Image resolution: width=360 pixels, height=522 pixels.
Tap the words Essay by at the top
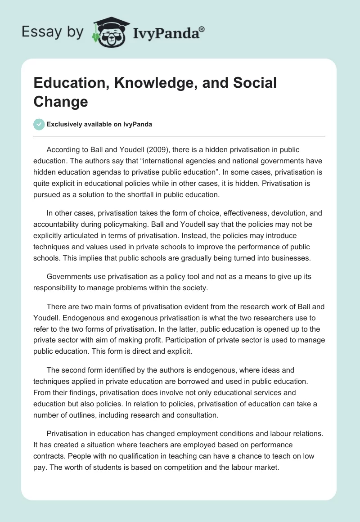[53, 32]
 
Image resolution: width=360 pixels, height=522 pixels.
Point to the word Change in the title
[61, 101]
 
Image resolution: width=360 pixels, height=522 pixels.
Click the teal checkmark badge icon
[39, 124]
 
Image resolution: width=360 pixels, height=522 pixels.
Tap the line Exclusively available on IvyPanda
[99, 125]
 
